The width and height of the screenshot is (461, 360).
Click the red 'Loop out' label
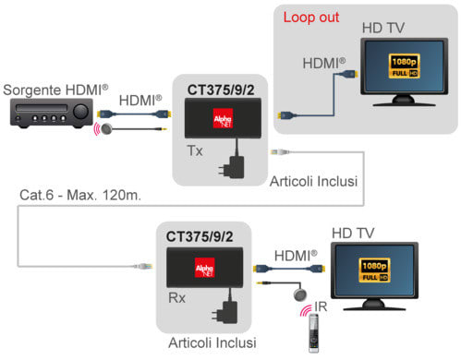click(311, 18)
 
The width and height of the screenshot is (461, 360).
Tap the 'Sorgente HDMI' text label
click(55, 90)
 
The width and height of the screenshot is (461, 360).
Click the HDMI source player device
click(52, 113)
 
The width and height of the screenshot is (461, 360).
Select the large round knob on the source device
click(80, 112)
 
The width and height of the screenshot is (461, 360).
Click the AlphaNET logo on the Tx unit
click(224, 118)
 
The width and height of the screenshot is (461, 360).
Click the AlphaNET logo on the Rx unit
click(205, 268)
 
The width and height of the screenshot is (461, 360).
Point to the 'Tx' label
click(195, 150)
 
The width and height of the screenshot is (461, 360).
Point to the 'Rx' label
click(177, 298)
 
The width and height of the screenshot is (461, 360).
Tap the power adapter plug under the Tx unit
click(233, 167)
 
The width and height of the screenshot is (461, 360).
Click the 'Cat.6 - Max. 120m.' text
click(80, 195)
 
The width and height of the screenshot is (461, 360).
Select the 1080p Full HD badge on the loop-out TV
click(405, 66)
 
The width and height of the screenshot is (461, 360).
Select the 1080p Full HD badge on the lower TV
click(374, 270)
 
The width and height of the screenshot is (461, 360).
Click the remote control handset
click(313, 333)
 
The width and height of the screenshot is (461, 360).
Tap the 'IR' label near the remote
click(321, 306)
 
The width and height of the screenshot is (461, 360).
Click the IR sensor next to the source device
click(106, 129)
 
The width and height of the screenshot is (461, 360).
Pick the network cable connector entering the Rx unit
click(142, 266)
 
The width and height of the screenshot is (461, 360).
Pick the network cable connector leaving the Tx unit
click(280, 151)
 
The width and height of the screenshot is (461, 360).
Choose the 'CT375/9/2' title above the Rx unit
click(200, 236)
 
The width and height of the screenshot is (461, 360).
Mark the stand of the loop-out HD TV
click(404, 101)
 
